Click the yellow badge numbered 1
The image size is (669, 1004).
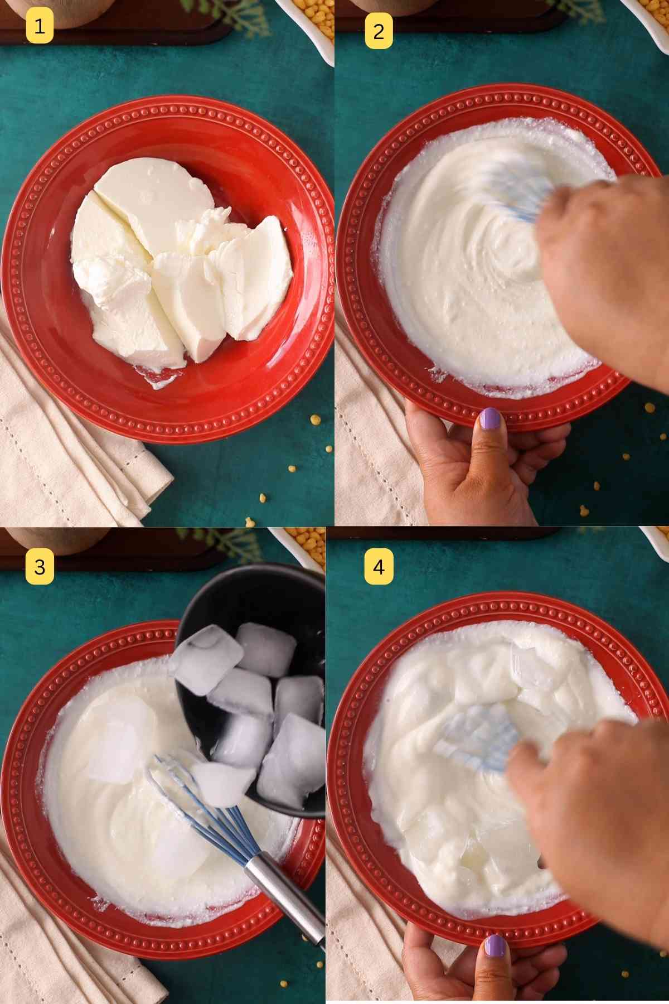pos(39,26)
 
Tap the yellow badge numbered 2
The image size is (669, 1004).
pos(379,32)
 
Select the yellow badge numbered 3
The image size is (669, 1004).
pos(39,567)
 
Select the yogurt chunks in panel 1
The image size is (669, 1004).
pos(178,262)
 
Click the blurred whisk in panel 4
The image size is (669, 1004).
pos(474,736)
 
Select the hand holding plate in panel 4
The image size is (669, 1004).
pos(479,971)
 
